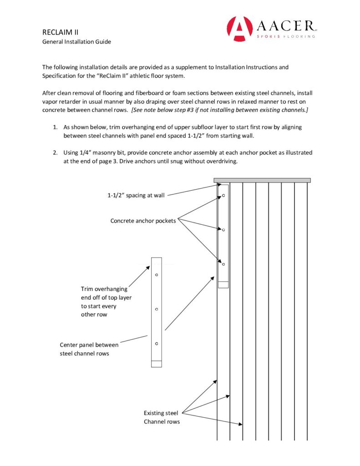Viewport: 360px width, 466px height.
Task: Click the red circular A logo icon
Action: point(239,29)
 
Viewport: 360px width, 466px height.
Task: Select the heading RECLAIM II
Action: point(61,33)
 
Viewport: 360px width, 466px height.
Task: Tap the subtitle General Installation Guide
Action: point(76,42)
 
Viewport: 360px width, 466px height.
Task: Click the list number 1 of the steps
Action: point(55,127)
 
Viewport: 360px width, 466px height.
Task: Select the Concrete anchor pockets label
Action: point(143,221)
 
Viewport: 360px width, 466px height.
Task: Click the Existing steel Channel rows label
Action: point(162,417)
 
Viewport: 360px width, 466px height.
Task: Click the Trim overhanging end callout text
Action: point(104,301)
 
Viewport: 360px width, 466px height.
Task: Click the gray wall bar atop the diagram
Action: point(262,180)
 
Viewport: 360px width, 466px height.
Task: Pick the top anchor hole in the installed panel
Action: point(223,196)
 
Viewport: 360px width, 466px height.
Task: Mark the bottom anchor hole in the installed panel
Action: point(223,264)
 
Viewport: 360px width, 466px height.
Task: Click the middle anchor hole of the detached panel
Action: point(156,309)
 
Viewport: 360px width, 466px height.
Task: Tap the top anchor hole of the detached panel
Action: point(156,275)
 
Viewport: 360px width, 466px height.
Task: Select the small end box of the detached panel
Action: point(156,364)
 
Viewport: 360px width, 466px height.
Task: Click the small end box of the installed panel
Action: point(223,284)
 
